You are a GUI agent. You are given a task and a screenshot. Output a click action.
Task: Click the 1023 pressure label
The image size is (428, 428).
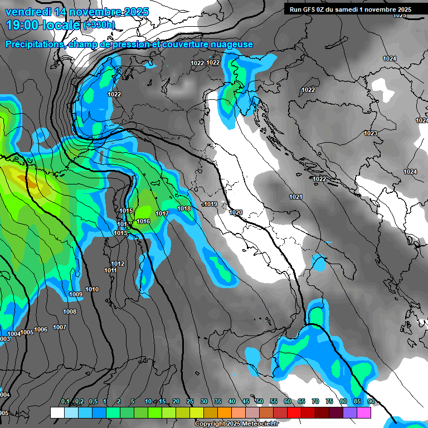tap(370, 133)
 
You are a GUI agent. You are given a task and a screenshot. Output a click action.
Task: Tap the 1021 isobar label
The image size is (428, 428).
tap(296, 197)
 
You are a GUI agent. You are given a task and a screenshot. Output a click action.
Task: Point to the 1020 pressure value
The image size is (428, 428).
tap(236, 212)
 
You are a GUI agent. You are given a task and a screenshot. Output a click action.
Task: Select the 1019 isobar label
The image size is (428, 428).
tap(211, 205)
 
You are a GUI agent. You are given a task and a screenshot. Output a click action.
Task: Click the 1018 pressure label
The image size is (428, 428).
tap(184, 208)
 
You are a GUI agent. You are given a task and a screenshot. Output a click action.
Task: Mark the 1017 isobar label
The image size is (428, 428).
tap(162, 213)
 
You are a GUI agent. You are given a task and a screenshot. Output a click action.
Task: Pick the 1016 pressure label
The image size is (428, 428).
tap(143, 221)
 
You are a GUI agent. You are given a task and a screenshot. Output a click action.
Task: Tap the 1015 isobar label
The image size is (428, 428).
tap(127, 211)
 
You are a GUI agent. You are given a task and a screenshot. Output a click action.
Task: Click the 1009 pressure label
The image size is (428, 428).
tap(76, 294)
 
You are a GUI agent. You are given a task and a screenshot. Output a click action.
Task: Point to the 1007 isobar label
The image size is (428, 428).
tap(60, 327)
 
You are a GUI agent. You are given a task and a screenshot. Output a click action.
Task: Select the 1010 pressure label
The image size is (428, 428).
tap(92, 289)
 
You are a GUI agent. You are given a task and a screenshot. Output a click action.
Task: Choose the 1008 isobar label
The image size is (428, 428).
tap(70, 312)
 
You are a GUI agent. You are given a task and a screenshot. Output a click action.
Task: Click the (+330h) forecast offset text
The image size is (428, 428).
tap(99, 25)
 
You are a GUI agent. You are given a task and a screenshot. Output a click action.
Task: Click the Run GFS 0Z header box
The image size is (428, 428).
tap(350, 9)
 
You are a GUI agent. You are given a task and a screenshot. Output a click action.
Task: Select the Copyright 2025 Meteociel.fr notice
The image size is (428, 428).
tap(236, 424)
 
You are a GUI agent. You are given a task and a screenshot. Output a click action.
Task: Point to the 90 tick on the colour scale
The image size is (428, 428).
tap(371, 401)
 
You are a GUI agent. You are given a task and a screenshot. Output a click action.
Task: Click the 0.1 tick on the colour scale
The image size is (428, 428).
tap(65, 401)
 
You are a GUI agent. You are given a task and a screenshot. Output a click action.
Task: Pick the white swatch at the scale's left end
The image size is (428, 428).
tap(57, 412)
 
